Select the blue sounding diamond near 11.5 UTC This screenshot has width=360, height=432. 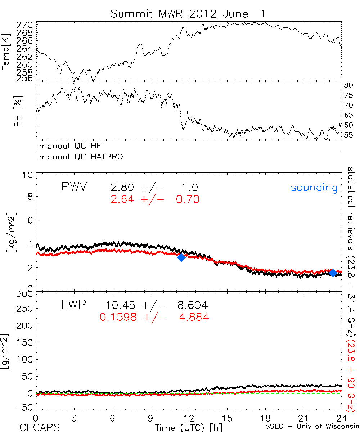pos(181,257)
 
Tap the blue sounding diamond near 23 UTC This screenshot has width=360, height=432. pos(333,273)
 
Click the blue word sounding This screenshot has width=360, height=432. pos(314,188)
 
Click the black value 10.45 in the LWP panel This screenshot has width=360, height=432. pos(120,306)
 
